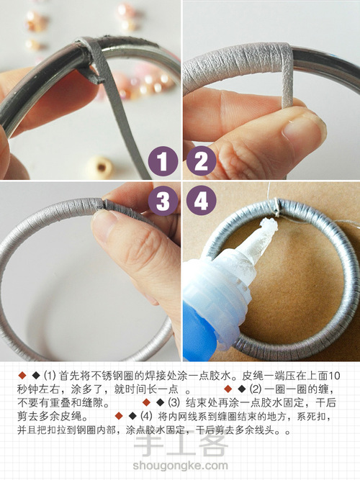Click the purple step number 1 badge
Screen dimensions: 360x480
pyautogui.click(x=163, y=161)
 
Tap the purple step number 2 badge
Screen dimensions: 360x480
pyautogui.click(x=202, y=161)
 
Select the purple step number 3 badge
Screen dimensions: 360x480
pyautogui.click(x=163, y=201)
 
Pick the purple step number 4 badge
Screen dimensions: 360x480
pyautogui.click(x=202, y=201)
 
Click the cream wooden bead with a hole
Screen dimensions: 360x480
pyautogui.click(x=99, y=167)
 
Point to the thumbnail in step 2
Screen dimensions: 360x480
pyautogui.click(x=302, y=128)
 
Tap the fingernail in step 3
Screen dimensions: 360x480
pyautogui.click(x=104, y=220)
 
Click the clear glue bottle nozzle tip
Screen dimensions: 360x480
pyautogui.click(x=268, y=226)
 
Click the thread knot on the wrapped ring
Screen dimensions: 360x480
pyautogui.click(x=276, y=206)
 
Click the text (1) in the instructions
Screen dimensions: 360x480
pyautogui.click(x=50, y=376)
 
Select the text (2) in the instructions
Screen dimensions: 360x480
pyautogui.click(x=256, y=389)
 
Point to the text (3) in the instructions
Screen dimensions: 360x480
pyautogui.click(x=174, y=402)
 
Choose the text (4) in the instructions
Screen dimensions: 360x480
pyautogui.click(x=146, y=416)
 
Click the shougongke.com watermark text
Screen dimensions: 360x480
pyautogui.click(x=180, y=466)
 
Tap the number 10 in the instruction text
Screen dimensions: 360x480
pyautogui.click(x=335, y=376)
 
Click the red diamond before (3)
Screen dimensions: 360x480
pyautogui.click(x=146, y=402)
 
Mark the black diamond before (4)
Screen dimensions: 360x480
pyautogui.click(x=132, y=416)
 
